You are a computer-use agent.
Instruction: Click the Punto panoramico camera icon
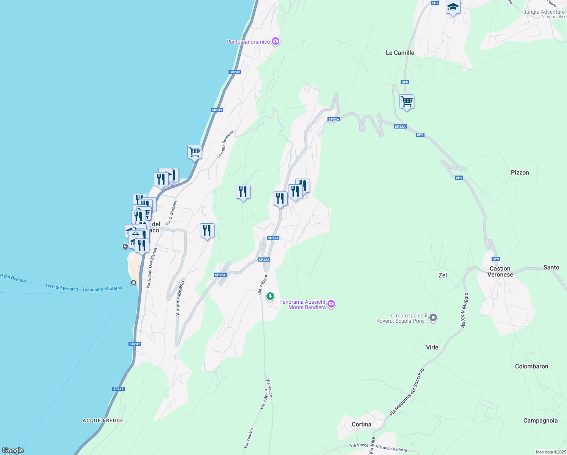pyautogui.click(x=276, y=41)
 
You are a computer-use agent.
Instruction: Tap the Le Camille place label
pyautogui.click(x=400, y=53)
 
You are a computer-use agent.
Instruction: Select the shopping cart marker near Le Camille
pyautogui.click(x=407, y=102)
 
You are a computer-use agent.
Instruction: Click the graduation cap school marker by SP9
pyautogui.click(x=453, y=7)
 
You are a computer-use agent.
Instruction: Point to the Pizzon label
pyautogui.click(x=520, y=173)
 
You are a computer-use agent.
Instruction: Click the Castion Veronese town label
pyautogui.click(x=500, y=271)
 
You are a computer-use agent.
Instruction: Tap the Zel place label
pyautogui.click(x=442, y=275)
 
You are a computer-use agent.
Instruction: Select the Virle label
pyautogui.click(x=432, y=347)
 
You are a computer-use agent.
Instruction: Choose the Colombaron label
pyautogui.click(x=531, y=366)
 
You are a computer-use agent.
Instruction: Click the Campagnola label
pyautogui.click(x=540, y=420)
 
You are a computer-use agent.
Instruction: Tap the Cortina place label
pyautogui.click(x=361, y=424)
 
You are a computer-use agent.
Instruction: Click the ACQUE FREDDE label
pyautogui.click(x=103, y=420)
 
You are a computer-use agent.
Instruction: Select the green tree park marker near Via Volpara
pyautogui.click(x=270, y=296)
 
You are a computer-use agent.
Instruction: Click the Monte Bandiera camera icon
pyautogui.click(x=331, y=304)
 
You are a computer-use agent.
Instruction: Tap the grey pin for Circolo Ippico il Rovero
pyautogui.click(x=433, y=318)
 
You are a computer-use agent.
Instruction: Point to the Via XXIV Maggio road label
pyautogui.click(x=464, y=311)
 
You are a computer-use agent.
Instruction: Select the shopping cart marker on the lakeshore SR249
pyautogui.click(x=194, y=152)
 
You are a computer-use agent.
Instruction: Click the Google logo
pyautogui.click(x=13, y=450)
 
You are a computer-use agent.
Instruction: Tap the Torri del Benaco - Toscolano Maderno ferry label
pyautogui.click(x=84, y=288)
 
